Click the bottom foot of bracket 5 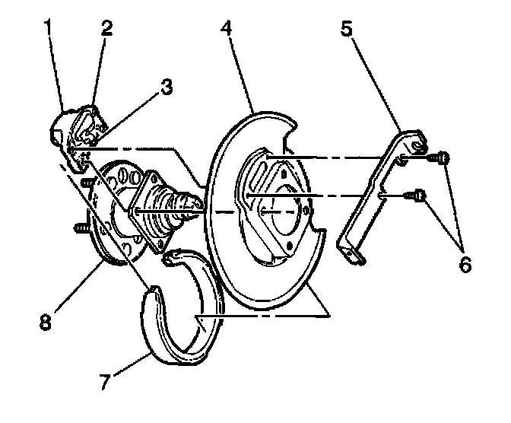pyautogui.click(x=354, y=256)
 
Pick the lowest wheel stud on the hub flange pyautogui.click(x=80, y=227)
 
